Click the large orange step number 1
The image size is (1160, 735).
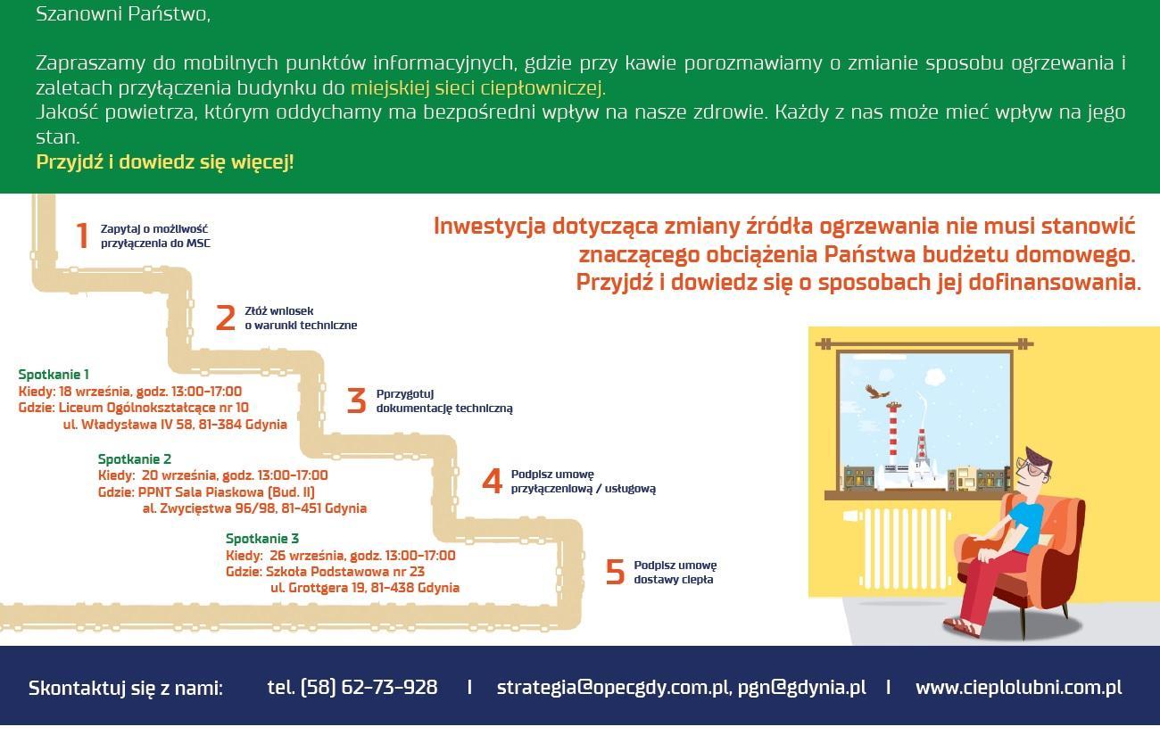82,235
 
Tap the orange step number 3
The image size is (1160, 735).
356,401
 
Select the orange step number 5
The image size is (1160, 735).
615,572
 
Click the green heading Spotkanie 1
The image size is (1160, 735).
54,375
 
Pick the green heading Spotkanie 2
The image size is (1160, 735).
134,459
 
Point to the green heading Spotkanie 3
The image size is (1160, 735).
262,539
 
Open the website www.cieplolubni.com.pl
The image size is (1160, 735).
1019,688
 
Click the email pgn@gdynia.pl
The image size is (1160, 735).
801,688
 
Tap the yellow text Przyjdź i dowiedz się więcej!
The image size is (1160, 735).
165,162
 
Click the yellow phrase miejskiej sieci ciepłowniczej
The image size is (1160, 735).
478,88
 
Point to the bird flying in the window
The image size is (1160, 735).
876,392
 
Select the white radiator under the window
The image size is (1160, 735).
900,548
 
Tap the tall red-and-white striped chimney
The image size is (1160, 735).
893,434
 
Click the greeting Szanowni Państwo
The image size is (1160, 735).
123,14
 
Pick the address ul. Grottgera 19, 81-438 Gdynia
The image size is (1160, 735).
365,588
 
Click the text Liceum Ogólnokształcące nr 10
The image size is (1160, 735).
153,408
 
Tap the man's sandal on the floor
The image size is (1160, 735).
963,628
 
